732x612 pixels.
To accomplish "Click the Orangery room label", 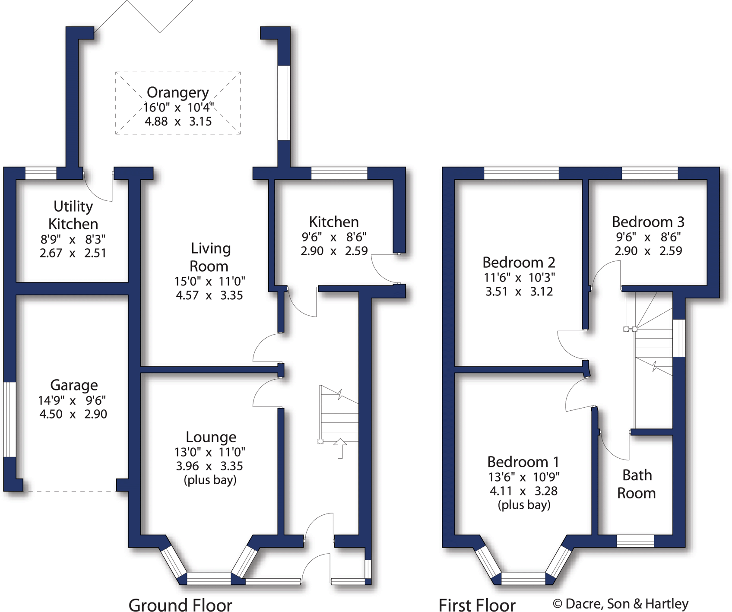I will [177, 92].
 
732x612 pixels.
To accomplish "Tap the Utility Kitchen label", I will [73, 215].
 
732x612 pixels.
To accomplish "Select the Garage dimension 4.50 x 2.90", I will [73, 414].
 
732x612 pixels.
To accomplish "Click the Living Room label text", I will [210, 257].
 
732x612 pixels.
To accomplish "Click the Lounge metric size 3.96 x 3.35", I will [209, 466].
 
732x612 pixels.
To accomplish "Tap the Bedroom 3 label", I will [648, 222].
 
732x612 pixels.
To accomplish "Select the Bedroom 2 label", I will [518, 263].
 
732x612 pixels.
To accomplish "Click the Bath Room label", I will [637, 484].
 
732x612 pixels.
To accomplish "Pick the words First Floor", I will [477, 605].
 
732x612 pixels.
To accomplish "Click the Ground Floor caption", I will [180, 605].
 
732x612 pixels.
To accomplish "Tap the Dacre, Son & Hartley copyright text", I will [621, 604].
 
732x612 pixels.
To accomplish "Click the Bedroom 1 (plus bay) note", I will [524, 505].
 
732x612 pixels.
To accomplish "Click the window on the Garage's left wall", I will [10, 419].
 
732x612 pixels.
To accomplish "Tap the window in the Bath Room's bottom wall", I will [635, 541].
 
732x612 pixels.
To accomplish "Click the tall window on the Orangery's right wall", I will [284, 103].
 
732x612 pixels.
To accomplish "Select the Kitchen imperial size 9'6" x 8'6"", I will [334, 237].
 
